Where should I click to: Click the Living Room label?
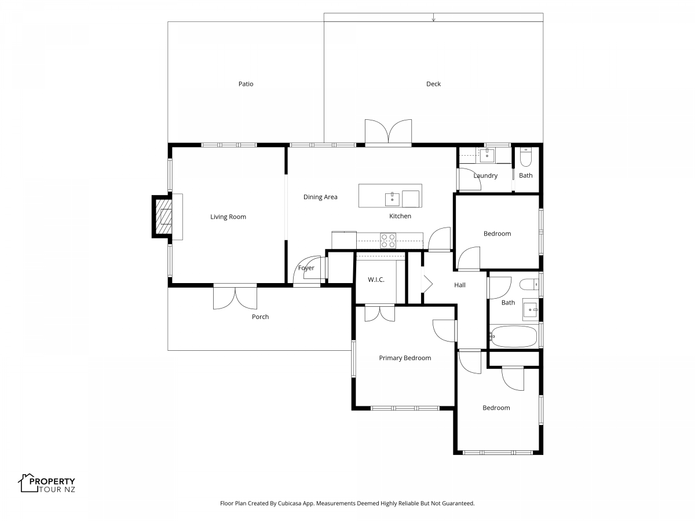pos(228,217)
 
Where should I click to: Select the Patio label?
pos(246,84)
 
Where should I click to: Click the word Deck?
pos(433,84)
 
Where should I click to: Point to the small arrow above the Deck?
pos(433,17)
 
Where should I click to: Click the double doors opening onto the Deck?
pos(388,132)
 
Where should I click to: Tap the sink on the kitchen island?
pos(392,199)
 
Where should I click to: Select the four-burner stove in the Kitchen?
pos(388,240)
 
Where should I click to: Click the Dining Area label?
pos(320,197)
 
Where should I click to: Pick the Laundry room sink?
pos(487,155)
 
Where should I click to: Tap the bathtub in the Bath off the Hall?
pos(513,336)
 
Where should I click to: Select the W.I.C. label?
pos(376,280)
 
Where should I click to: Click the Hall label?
pos(460,285)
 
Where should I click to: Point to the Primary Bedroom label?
pos(405,358)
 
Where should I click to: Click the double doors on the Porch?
pos(235,297)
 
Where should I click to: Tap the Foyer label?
pos(306,268)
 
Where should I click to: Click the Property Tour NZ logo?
pos(46,483)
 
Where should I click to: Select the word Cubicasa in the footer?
pos(289,503)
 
